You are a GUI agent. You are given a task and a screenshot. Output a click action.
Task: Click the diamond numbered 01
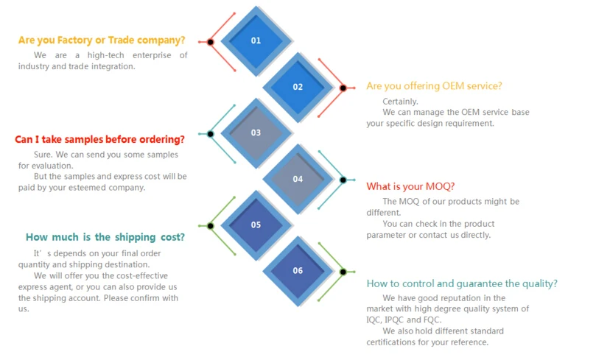tap(256, 40)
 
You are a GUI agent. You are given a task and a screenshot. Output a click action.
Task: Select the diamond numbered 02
tap(298, 87)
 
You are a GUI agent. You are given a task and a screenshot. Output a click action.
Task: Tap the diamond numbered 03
tap(256, 133)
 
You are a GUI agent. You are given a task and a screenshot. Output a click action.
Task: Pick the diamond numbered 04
tap(298, 179)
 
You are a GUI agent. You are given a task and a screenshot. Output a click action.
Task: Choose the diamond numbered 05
tap(256, 225)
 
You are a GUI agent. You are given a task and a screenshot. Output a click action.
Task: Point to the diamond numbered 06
tap(298, 271)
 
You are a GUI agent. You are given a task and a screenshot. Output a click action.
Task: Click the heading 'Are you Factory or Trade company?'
tap(102, 40)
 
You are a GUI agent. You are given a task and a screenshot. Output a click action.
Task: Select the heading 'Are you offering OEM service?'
tap(434, 86)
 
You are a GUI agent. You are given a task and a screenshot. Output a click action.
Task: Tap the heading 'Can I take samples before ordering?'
tap(99, 139)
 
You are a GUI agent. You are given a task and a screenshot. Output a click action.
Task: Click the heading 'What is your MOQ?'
tap(410, 186)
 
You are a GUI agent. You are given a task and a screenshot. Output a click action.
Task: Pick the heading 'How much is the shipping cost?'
tap(105, 237)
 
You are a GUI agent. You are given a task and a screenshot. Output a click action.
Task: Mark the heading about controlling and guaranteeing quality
tap(462, 283)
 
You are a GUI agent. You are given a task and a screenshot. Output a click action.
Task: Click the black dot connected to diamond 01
tap(211, 42)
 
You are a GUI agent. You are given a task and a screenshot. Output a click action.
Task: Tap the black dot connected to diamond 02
tap(343, 88)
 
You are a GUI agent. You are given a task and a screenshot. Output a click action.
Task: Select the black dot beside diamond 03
tap(211, 134)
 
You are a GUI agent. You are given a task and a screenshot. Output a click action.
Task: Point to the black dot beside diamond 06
tap(343, 272)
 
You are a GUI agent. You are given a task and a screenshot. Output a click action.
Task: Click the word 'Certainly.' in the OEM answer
tap(400, 102)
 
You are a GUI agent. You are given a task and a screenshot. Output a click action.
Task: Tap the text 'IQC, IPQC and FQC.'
tap(403, 320)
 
